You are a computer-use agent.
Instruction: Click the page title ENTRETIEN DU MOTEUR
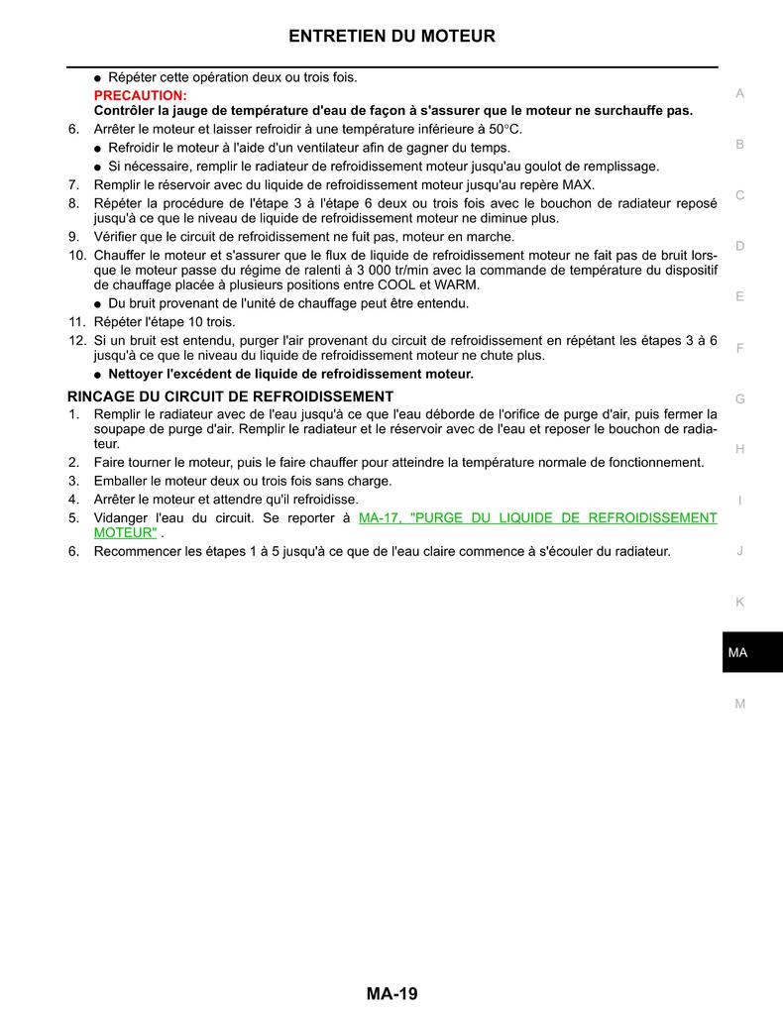tap(391, 37)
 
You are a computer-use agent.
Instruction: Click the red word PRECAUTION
tap(140, 95)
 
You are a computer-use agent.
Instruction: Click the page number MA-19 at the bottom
tap(391, 993)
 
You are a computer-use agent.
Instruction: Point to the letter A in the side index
tap(739, 94)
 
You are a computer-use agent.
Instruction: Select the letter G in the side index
tap(739, 398)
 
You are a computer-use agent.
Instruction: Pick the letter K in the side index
tap(739, 602)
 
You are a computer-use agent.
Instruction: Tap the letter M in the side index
tap(739, 704)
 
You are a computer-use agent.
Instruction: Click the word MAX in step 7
tap(578, 184)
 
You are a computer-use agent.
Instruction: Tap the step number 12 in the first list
tap(76, 340)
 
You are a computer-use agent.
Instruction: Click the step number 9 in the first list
tap(73, 237)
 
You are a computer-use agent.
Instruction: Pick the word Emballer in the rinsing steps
tap(122, 481)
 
